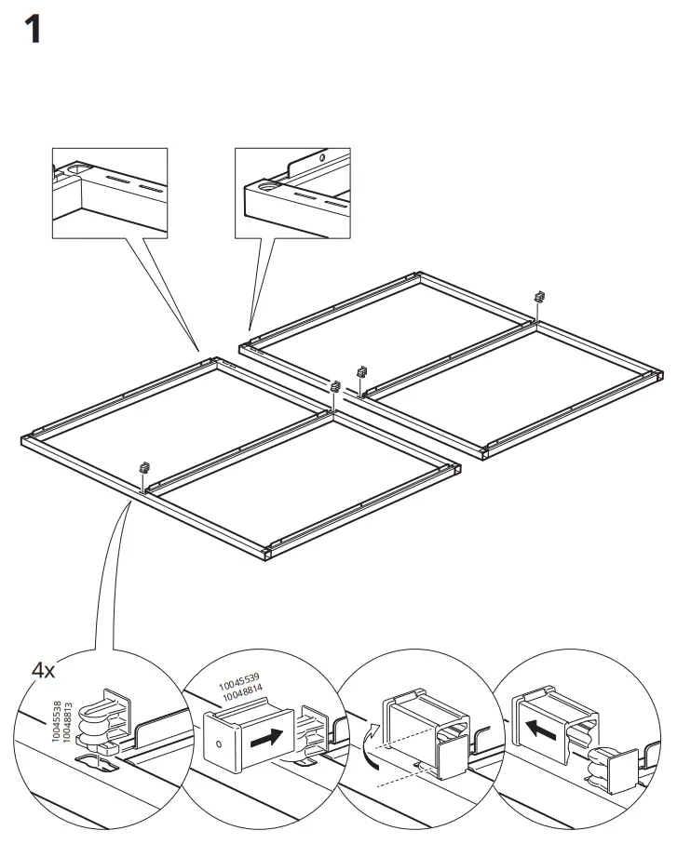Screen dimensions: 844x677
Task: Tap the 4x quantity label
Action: click(44, 670)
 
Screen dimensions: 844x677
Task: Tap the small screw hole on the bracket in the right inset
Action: click(322, 159)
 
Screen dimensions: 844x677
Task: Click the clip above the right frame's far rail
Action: click(538, 297)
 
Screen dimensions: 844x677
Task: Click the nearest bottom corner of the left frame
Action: click(265, 556)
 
